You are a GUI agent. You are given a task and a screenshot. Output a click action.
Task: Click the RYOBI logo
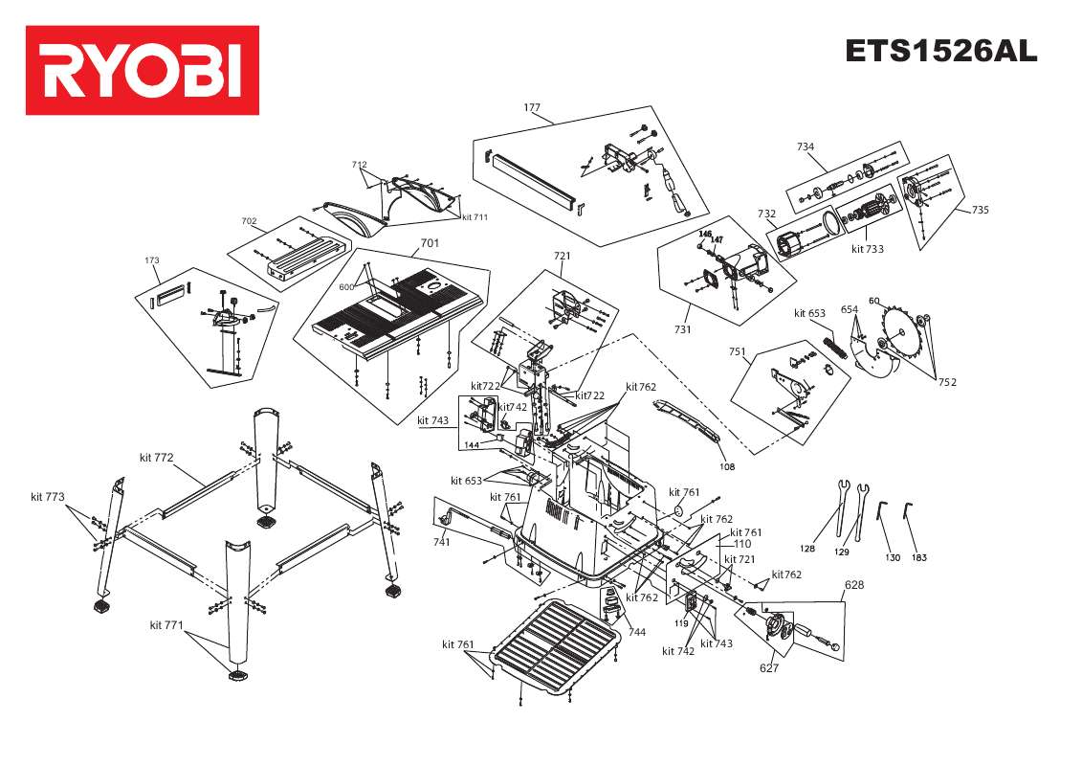(x=142, y=70)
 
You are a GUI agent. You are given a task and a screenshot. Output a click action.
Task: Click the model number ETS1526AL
(x=940, y=51)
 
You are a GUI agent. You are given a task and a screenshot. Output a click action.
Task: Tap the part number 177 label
(x=533, y=107)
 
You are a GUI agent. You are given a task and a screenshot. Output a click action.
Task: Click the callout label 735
(x=981, y=211)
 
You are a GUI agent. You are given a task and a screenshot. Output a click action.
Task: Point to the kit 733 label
(x=867, y=249)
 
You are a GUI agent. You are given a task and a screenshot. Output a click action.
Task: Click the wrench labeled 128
(x=841, y=507)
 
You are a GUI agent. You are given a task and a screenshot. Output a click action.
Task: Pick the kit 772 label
(x=156, y=457)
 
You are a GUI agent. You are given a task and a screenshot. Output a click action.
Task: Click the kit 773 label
(x=47, y=497)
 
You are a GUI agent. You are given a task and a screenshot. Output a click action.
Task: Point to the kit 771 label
(x=166, y=625)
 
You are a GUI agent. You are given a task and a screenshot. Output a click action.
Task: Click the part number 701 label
(x=430, y=243)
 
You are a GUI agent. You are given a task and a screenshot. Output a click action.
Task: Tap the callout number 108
(x=727, y=468)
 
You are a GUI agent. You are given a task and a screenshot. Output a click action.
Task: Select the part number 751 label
(x=737, y=351)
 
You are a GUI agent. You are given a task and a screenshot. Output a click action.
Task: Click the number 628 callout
(x=853, y=584)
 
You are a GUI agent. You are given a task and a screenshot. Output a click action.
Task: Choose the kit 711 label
(x=475, y=217)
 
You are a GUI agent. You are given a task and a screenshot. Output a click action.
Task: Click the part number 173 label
(x=151, y=260)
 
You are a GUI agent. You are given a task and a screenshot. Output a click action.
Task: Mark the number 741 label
(x=441, y=542)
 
